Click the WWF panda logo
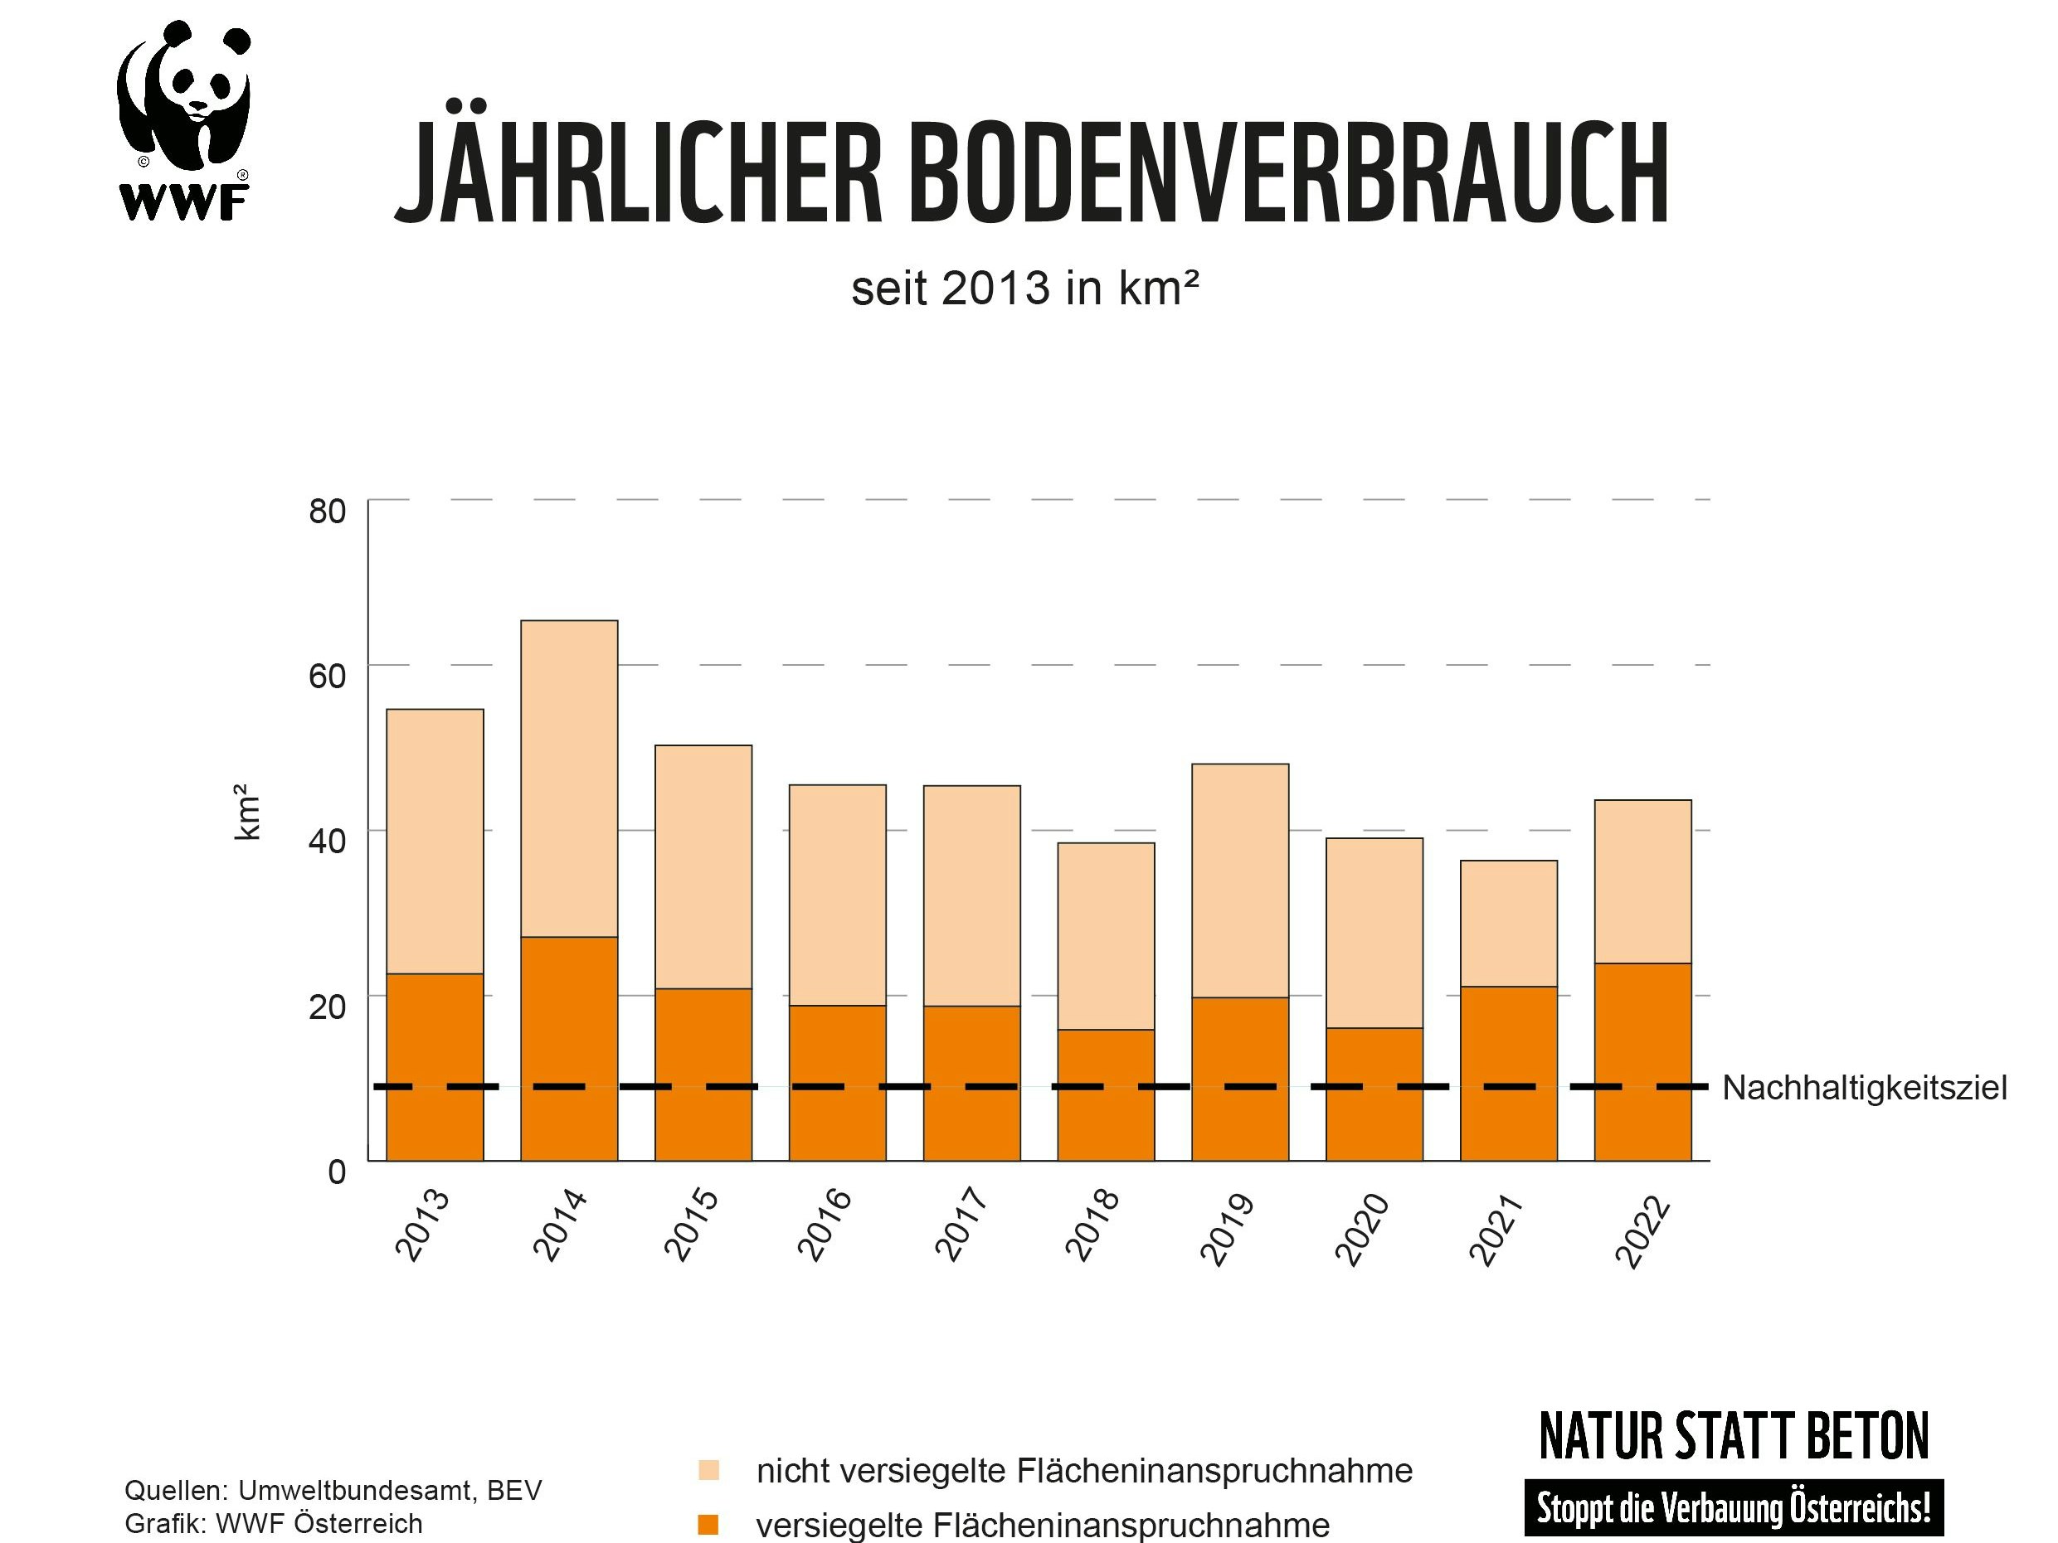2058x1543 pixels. coord(184,121)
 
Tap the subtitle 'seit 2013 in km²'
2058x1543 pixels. coord(1024,289)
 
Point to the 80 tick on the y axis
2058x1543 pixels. coord(327,511)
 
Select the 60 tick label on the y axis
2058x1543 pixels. coord(327,677)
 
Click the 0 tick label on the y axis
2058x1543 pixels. coord(337,1172)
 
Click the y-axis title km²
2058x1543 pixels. coord(246,811)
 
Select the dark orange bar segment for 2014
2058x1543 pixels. coord(568,1048)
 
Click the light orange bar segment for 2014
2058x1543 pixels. coord(568,779)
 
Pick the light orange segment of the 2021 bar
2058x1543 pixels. coord(1508,924)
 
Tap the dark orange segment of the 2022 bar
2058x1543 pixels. coord(1642,1061)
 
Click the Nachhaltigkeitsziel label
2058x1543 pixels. coord(1864,1087)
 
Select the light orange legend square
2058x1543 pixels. coord(708,1471)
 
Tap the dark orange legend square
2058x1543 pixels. coord(708,1525)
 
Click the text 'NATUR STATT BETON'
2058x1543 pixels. coord(1734,1437)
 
